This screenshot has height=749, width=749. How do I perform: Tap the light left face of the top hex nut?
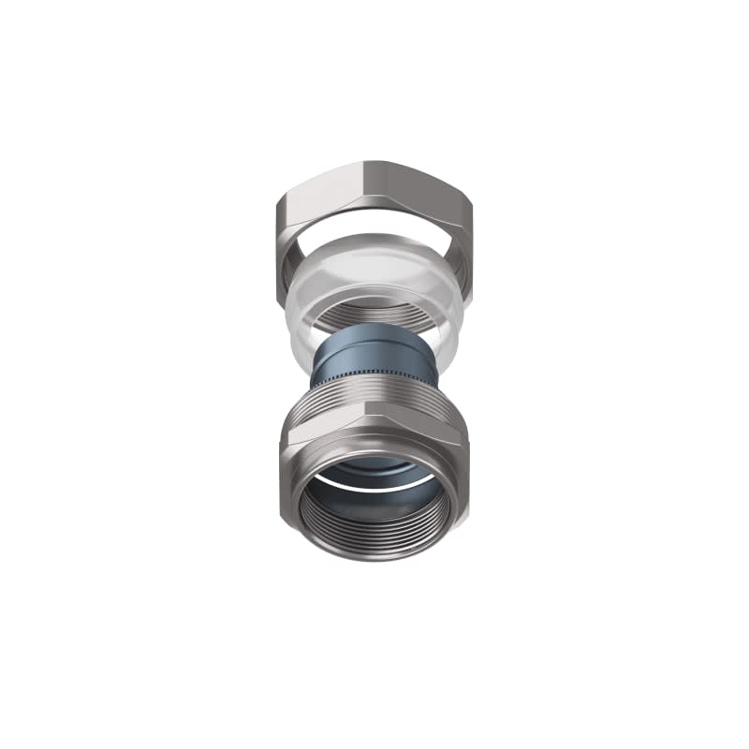click(x=318, y=192)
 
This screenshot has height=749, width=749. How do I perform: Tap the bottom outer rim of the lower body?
click(x=374, y=558)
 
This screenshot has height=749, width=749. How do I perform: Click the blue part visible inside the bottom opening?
click(x=374, y=468)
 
